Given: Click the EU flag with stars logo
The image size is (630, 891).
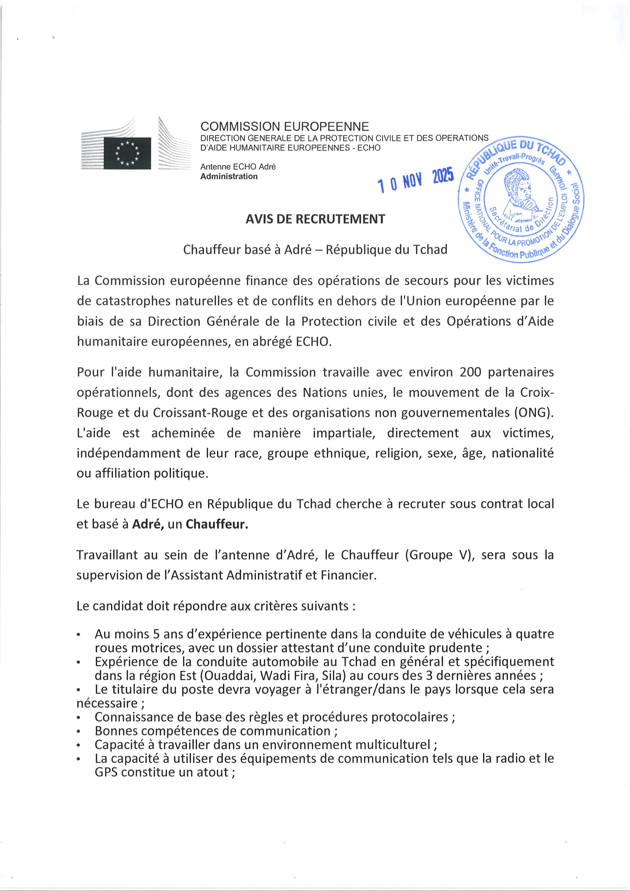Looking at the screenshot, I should pos(127,153).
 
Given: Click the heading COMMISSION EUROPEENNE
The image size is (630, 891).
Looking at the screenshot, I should pos(285,127).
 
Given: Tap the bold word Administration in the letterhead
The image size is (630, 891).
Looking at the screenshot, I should pos(229,176).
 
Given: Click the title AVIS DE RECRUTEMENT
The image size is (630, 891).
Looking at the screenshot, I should pos(315,219).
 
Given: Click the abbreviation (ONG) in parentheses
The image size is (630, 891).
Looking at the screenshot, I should pos(534,412).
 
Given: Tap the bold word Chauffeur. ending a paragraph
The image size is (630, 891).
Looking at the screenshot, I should pos(216,524).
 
